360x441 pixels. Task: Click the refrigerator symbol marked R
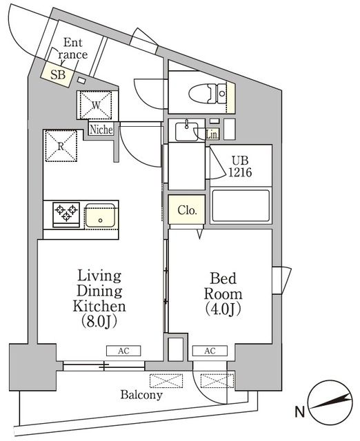pos(61,145)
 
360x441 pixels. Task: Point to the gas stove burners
pos(65,212)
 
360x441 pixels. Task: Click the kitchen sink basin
pos(101,215)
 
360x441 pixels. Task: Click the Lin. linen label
pos(212,135)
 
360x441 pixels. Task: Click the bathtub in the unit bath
pos(241,206)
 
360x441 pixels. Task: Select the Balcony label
pos(141,396)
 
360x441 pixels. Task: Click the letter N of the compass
pos(300,413)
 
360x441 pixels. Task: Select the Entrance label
pos(72,48)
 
